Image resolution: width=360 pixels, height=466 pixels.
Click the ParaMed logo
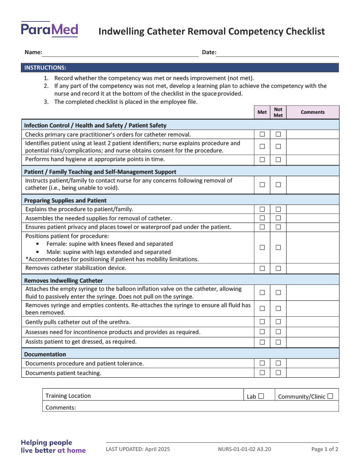pyautogui.click(x=49, y=30)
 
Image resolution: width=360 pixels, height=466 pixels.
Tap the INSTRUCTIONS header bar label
pyautogui.click(x=45, y=68)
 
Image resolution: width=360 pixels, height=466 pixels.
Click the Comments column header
pyautogui.click(x=313, y=112)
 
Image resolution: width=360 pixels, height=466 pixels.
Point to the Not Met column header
pyautogui.click(x=278, y=112)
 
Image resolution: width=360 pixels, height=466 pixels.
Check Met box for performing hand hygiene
pyautogui.click(x=262, y=160)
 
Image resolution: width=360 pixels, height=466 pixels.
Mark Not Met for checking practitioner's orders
pyautogui.click(x=278, y=134)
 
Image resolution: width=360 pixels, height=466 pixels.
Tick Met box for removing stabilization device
pyautogui.click(x=262, y=268)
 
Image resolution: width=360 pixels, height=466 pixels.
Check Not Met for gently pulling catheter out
pyautogui.click(x=278, y=322)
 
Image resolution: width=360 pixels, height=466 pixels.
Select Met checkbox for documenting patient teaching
pyautogui.click(x=262, y=373)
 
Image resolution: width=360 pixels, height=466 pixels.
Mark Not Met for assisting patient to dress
pyautogui.click(x=278, y=342)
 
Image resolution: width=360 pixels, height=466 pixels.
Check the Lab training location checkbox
pyautogui.click(x=261, y=396)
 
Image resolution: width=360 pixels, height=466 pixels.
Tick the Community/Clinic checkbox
pyautogui.click(x=330, y=396)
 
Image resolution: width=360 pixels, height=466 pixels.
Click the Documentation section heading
pyautogui.click(x=45, y=354)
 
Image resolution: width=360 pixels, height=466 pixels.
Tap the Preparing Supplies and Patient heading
pyautogui.click(x=65, y=200)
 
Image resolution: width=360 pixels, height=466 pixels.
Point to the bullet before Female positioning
pyautogui.click(x=37, y=244)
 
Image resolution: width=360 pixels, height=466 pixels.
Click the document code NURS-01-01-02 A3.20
pyautogui.click(x=244, y=449)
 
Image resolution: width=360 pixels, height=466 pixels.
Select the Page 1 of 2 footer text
pyautogui.click(x=325, y=449)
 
